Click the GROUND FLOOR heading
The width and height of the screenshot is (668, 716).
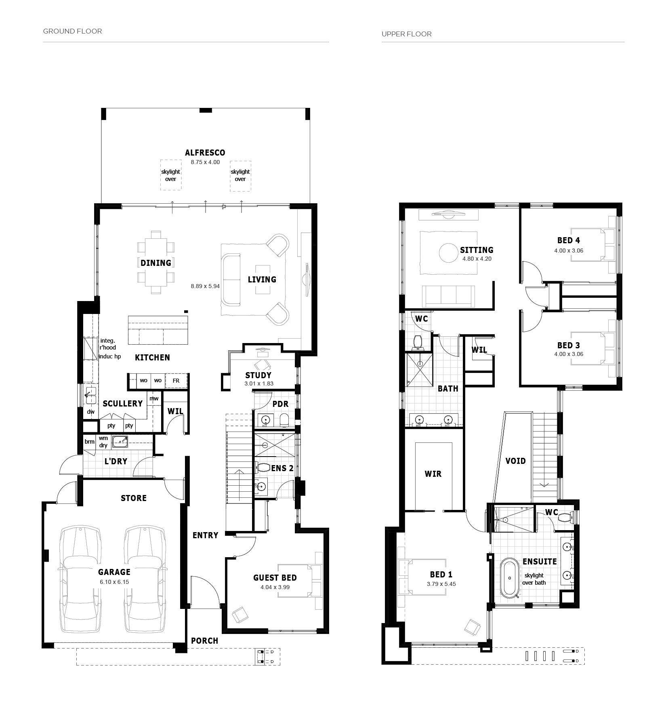pyautogui.click(x=72, y=31)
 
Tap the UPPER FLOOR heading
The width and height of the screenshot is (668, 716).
pyautogui.click(x=407, y=34)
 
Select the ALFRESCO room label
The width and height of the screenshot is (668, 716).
pyautogui.click(x=205, y=153)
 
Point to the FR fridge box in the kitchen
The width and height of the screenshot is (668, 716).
pyautogui.click(x=176, y=381)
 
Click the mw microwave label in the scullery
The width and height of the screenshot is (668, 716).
pyautogui.click(x=154, y=398)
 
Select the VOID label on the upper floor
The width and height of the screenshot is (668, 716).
pyautogui.click(x=515, y=461)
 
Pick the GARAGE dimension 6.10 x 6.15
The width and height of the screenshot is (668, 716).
pyautogui.click(x=114, y=582)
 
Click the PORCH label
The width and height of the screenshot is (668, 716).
pyautogui.click(x=204, y=641)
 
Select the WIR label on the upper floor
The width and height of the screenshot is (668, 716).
pyautogui.click(x=433, y=474)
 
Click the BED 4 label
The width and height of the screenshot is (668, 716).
pyautogui.click(x=569, y=240)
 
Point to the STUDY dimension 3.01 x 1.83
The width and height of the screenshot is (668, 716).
pyautogui.click(x=259, y=383)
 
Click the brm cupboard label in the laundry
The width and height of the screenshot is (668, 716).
pyautogui.click(x=89, y=442)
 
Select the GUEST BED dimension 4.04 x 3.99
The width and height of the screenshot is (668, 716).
pyautogui.click(x=275, y=587)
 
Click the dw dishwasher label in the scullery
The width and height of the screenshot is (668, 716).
pyautogui.click(x=91, y=412)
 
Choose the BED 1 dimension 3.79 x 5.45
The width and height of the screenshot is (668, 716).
pyautogui.click(x=441, y=584)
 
